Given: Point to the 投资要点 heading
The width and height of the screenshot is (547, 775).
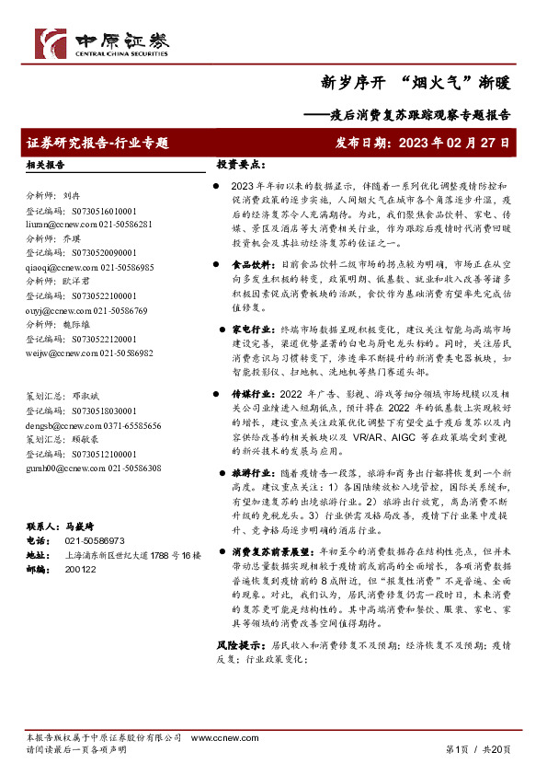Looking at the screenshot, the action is [241, 165].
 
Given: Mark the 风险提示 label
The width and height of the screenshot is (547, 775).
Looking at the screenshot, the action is [237, 646].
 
